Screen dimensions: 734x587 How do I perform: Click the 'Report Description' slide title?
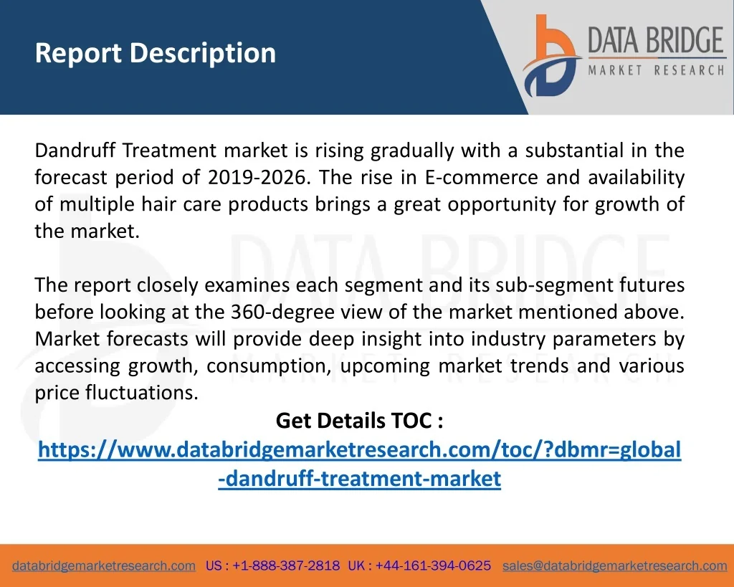coord(156,53)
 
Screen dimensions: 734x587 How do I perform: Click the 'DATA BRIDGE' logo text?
coord(656,40)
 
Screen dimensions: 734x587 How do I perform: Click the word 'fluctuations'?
coord(142,392)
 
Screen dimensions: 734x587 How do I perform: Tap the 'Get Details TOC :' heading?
coord(360,420)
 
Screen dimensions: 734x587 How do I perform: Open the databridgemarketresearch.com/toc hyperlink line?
coord(360,450)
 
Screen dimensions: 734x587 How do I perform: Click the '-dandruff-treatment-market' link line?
coord(360,478)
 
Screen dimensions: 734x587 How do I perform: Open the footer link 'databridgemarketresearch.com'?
coord(104,565)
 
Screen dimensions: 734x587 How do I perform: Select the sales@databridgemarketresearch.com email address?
coord(614,565)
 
